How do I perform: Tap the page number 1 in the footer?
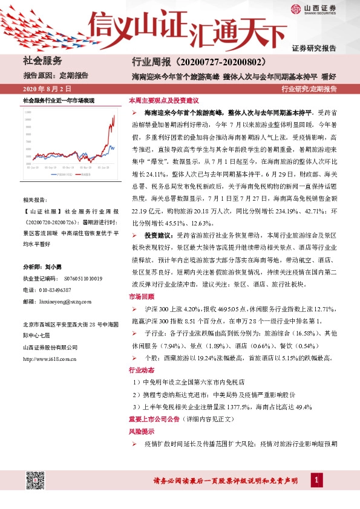[x=315, y=480]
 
